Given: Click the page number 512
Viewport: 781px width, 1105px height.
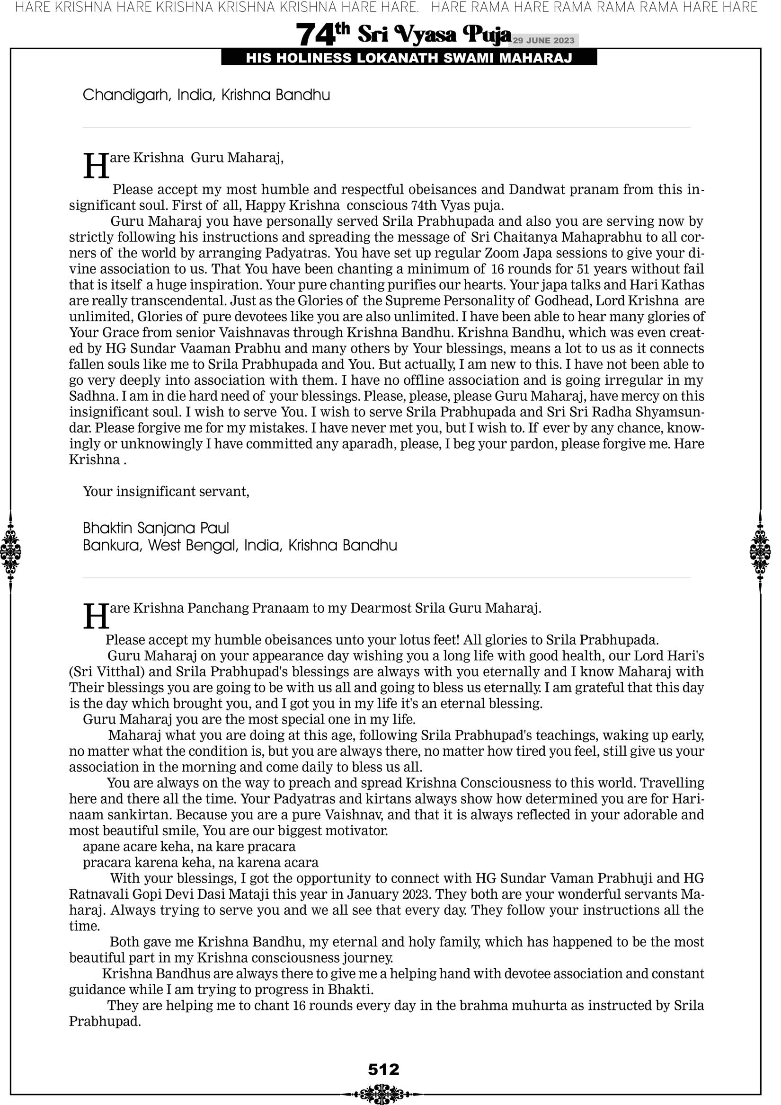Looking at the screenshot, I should pos(383,1070).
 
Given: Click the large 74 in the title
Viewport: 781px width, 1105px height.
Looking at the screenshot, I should pos(315,35).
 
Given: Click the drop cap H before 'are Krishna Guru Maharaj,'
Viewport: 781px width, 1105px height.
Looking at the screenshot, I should pos(96,166).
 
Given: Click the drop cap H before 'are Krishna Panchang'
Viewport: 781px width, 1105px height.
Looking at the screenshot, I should pos(96,617).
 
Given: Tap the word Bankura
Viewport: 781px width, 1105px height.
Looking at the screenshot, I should pos(112,545).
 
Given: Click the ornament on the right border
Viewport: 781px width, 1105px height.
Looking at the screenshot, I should pos(760,551).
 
